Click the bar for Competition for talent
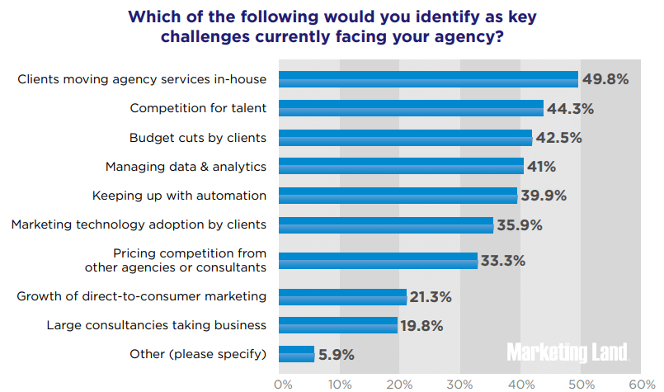point(411,108)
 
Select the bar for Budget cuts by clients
point(405,137)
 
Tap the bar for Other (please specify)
point(296,354)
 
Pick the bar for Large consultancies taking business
point(338,325)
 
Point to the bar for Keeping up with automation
point(398,196)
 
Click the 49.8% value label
point(605,79)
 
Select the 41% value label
point(542,167)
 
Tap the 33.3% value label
point(502,261)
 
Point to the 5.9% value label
point(337,355)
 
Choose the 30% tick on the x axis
point(460,384)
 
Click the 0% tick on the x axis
point(283,384)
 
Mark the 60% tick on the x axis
point(641,384)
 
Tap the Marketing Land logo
point(567,352)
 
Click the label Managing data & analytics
point(186,167)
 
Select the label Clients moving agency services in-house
point(142,79)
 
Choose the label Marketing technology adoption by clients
point(139,224)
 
